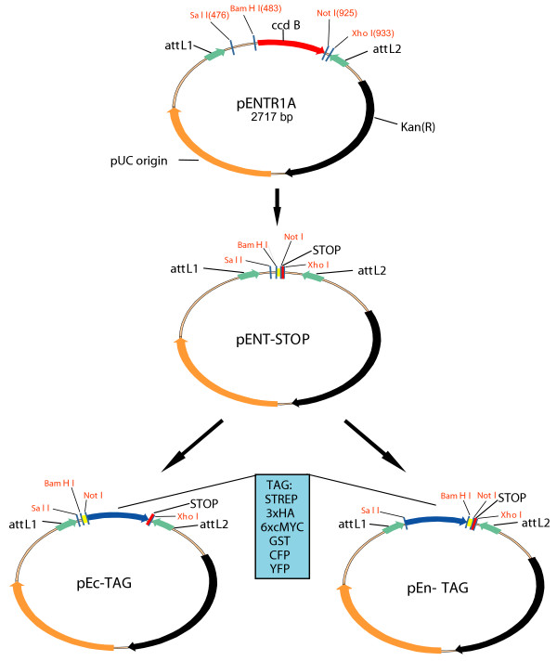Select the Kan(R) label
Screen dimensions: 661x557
(x=421, y=123)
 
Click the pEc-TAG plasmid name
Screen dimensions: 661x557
(x=110, y=587)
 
